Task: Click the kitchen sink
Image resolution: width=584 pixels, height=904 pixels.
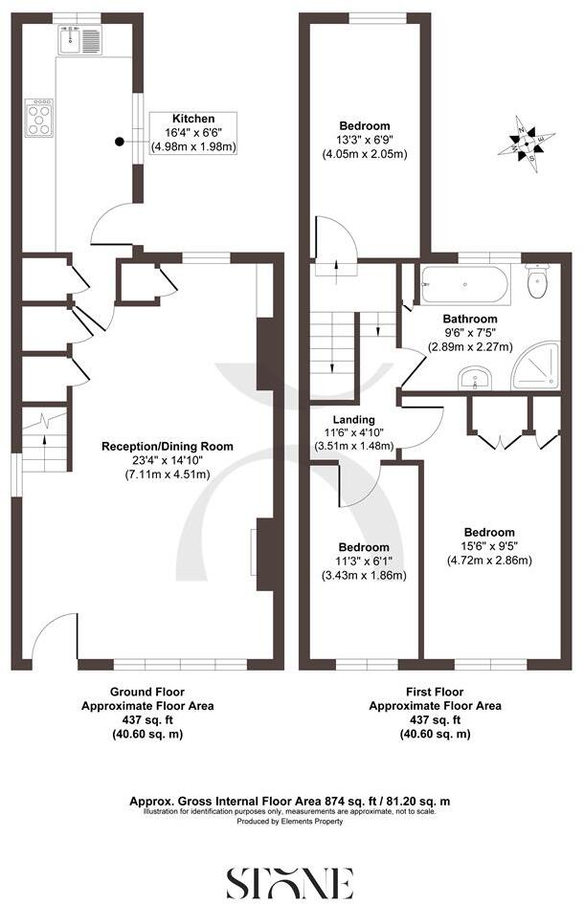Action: point(79,40)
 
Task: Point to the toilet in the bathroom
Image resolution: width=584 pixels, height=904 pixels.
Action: point(538,280)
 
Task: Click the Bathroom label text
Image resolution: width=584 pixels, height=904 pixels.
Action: point(469,319)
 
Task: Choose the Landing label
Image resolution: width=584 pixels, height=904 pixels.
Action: point(354,419)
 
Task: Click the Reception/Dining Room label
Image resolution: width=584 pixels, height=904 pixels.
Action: point(168,447)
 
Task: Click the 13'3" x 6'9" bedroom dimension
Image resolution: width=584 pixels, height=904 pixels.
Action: point(364,140)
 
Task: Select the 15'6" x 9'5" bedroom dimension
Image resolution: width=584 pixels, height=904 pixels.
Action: point(489,547)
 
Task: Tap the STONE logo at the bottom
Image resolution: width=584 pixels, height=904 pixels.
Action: point(290,880)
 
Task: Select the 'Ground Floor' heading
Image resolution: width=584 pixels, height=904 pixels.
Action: point(146,692)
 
